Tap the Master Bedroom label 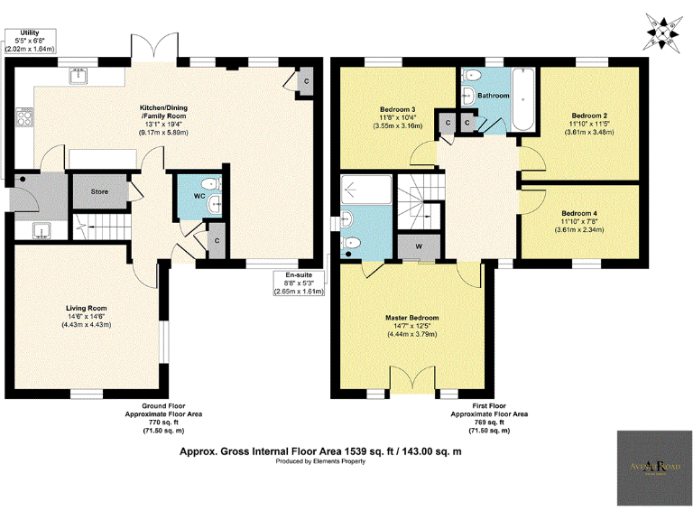[411, 318]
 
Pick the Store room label [99, 190]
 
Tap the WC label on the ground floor [199, 195]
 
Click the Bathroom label [494, 95]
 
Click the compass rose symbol [665, 32]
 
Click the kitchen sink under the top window [78, 77]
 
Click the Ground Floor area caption [164, 418]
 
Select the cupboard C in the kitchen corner [308, 80]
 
